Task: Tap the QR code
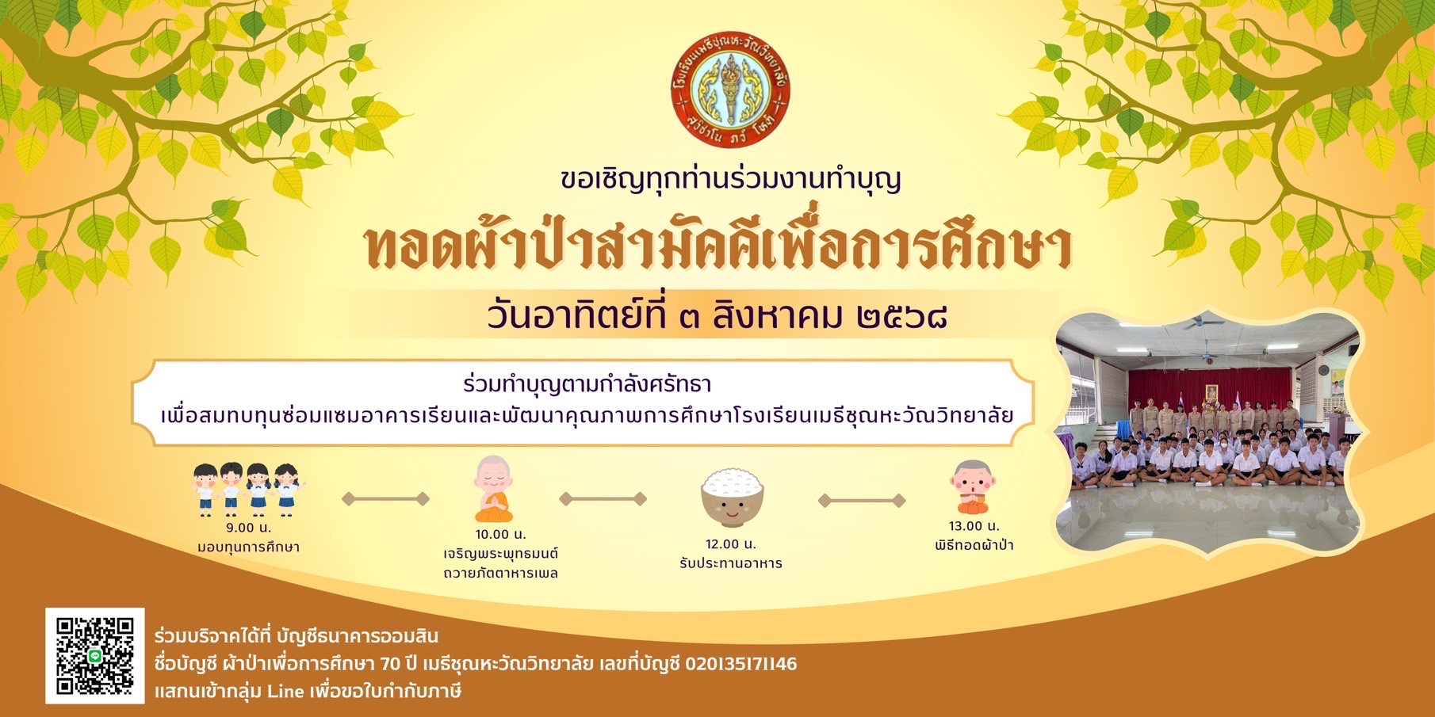click(x=95, y=655)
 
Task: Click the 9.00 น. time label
click(x=248, y=527)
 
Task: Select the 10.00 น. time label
click(x=500, y=534)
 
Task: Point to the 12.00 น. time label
click(x=731, y=543)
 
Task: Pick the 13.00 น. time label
click(x=974, y=526)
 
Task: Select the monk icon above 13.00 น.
click(x=974, y=487)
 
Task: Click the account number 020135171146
click(x=740, y=663)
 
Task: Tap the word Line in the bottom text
click(x=285, y=691)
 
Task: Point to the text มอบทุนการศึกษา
click(x=248, y=547)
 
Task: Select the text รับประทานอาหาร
click(x=731, y=563)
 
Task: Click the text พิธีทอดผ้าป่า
click(x=974, y=545)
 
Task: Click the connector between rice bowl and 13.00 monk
click(x=862, y=500)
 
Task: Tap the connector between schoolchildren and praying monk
click(x=385, y=498)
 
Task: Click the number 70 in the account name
click(x=390, y=663)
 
